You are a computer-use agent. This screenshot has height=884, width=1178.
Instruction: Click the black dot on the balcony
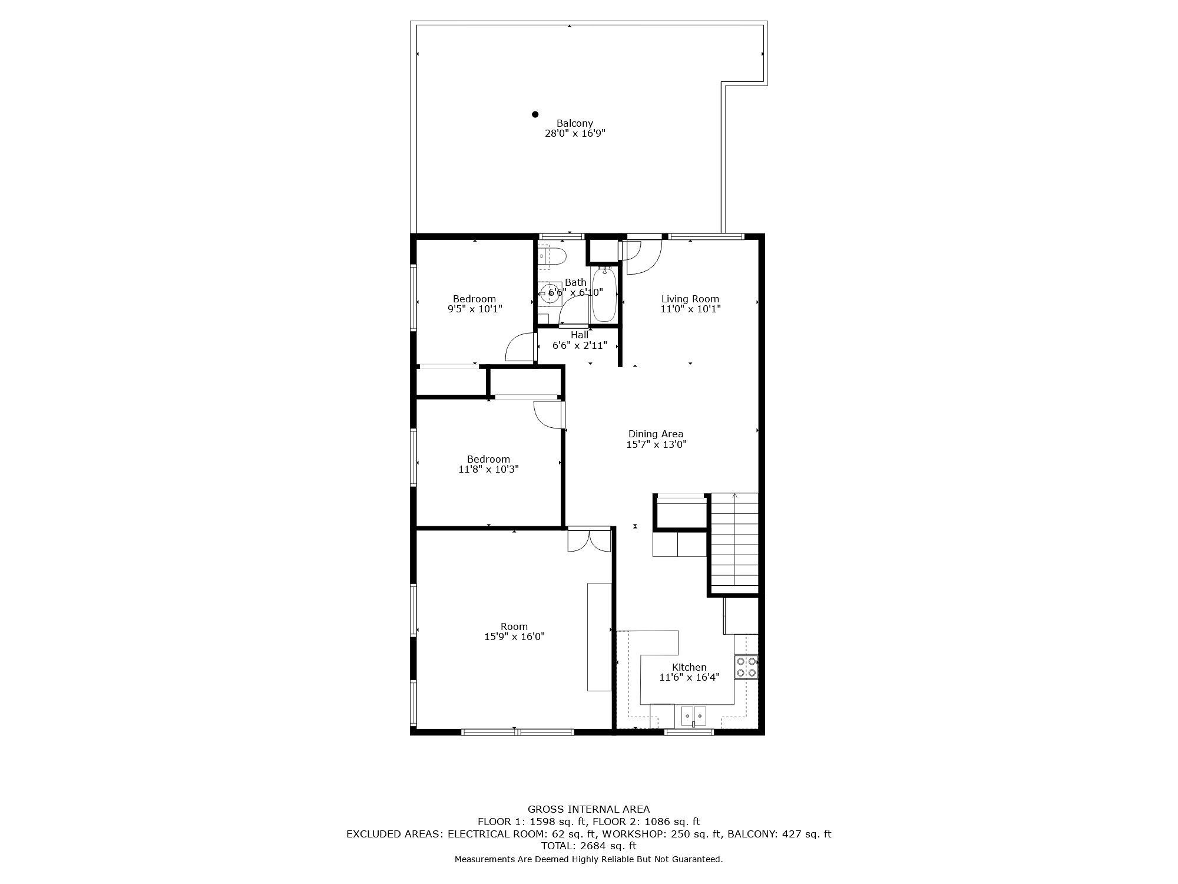coord(535,114)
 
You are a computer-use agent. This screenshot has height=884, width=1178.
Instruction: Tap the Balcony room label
coord(575,123)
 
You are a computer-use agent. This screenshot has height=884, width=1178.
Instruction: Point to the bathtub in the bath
coord(604,295)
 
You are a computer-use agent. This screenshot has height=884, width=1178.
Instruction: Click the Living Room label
coord(690,299)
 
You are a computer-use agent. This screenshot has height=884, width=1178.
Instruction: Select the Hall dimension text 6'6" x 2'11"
coord(580,345)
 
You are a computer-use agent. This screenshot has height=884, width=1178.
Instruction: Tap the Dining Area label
coord(656,434)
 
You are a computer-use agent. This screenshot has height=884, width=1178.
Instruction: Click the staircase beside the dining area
coord(734,543)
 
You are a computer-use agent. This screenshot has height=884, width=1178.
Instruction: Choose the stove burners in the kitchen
coord(746,667)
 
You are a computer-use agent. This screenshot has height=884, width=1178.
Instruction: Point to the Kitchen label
coord(689,667)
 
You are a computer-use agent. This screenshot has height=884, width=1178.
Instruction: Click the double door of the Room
coord(589,539)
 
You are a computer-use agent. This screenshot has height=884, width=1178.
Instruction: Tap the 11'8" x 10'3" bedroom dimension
coord(488,469)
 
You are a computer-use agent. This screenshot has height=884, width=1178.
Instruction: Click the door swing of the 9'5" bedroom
coord(519,347)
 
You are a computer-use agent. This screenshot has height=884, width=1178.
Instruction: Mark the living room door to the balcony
coord(644,255)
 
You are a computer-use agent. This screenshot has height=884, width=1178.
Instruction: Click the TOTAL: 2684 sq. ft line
coord(588,846)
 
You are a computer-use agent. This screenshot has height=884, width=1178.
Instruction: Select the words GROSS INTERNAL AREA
coord(588,809)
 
